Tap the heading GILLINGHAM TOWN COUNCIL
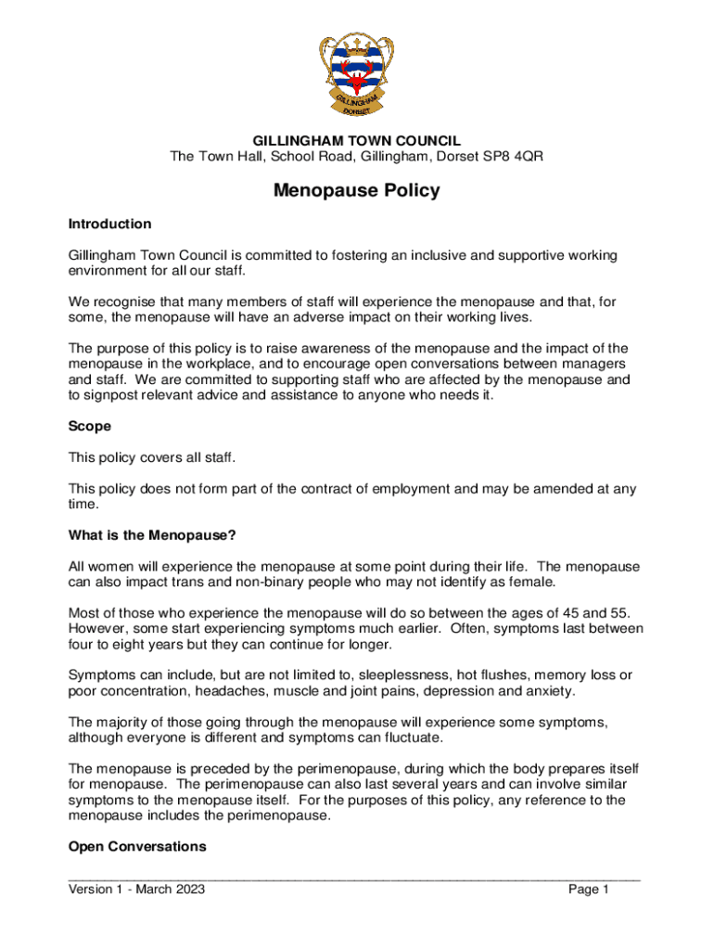(x=357, y=141)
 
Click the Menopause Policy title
(x=357, y=191)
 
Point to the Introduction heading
(x=109, y=224)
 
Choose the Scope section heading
(x=90, y=426)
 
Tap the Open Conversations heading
(x=137, y=847)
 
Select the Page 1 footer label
(x=588, y=890)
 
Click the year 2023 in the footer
(x=187, y=890)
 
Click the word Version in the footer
(x=93, y=890)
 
